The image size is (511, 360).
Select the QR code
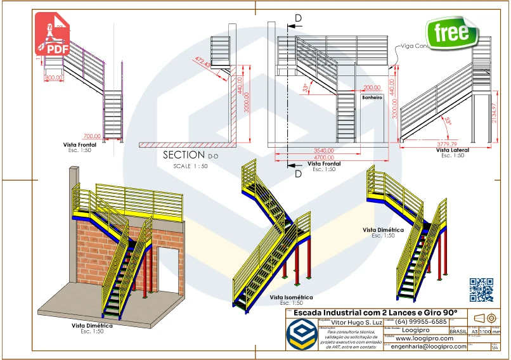[x=481, y=290]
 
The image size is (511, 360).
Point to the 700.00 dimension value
[x=93, y=136]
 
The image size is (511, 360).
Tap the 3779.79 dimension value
[x=444, y=144]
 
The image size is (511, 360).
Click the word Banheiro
[x=372, y=98]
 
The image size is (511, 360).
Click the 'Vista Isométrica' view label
[x=291, y=297]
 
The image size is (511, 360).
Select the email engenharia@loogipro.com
[x=429, y=347]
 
